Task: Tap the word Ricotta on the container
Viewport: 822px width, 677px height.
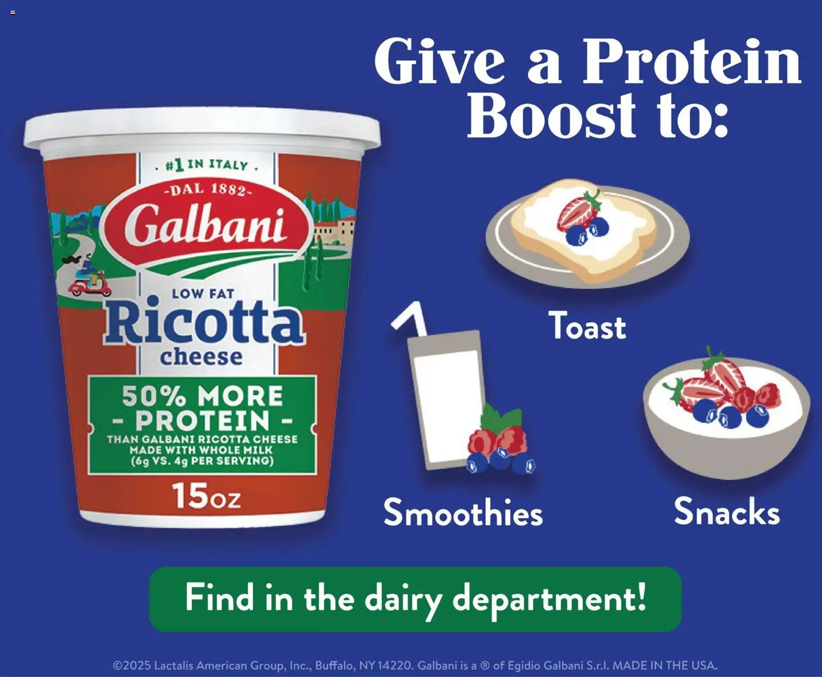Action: [x=204, y=324]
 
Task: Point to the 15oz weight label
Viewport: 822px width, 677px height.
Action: [x=206, y=497]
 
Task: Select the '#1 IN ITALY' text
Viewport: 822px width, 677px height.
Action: [x=207, y=165]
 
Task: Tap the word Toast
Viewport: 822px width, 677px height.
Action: [x=587, y=326]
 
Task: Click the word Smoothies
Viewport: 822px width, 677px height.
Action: [x=463, y=513]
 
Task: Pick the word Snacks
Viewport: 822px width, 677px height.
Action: [x=727, y=511]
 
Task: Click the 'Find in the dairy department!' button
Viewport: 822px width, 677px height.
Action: [x=415, y=598]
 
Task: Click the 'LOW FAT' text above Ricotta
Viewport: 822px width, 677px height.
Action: [x=203, y=293]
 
